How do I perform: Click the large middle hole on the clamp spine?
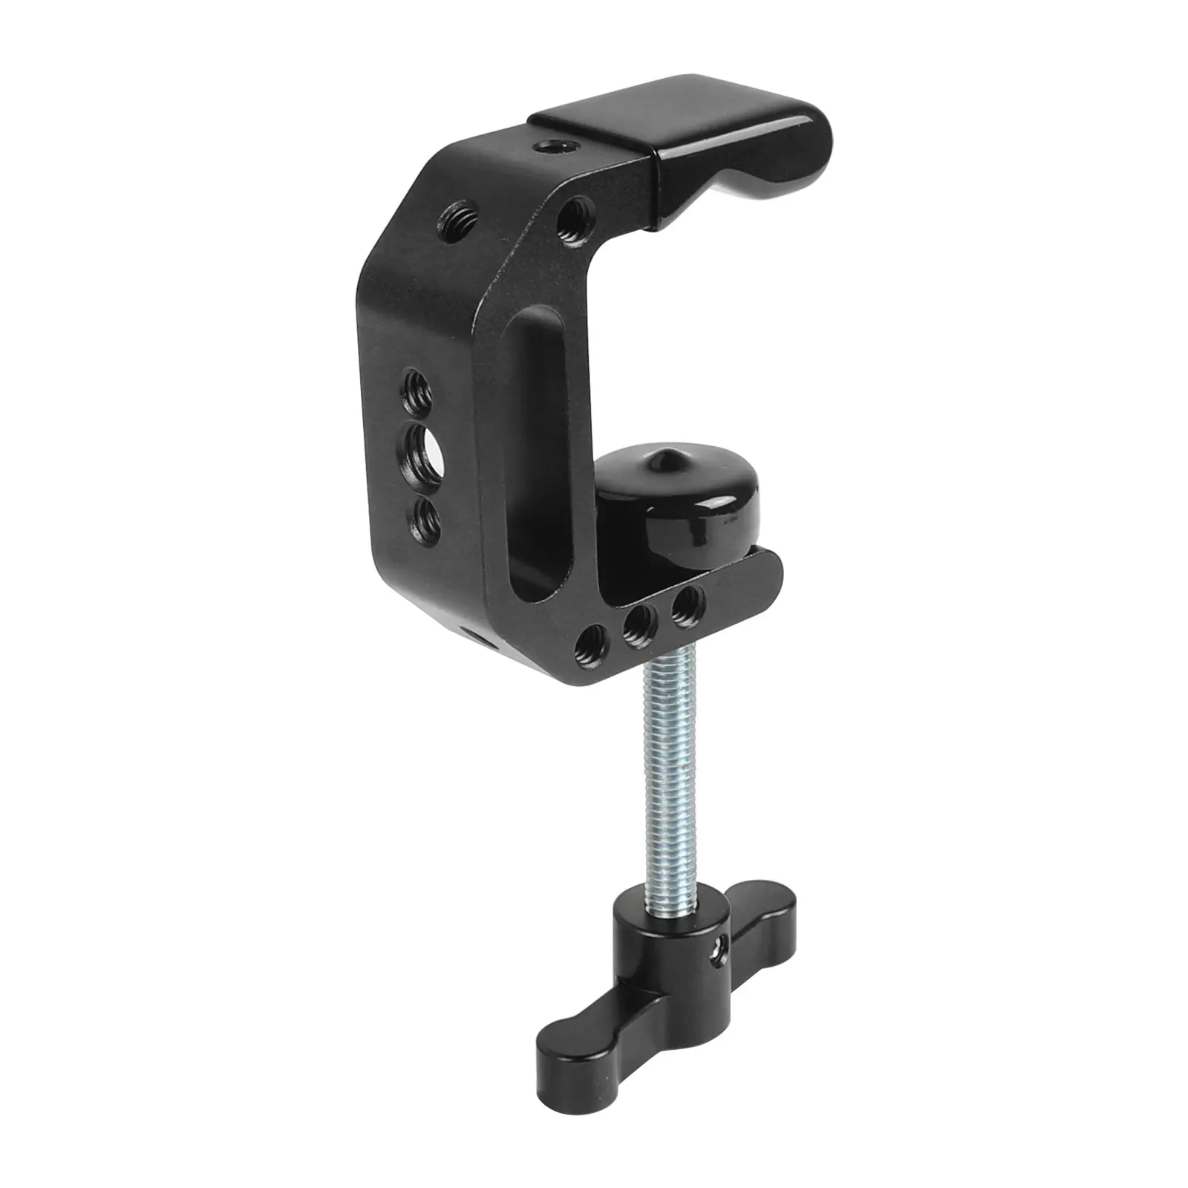(423, 448)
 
